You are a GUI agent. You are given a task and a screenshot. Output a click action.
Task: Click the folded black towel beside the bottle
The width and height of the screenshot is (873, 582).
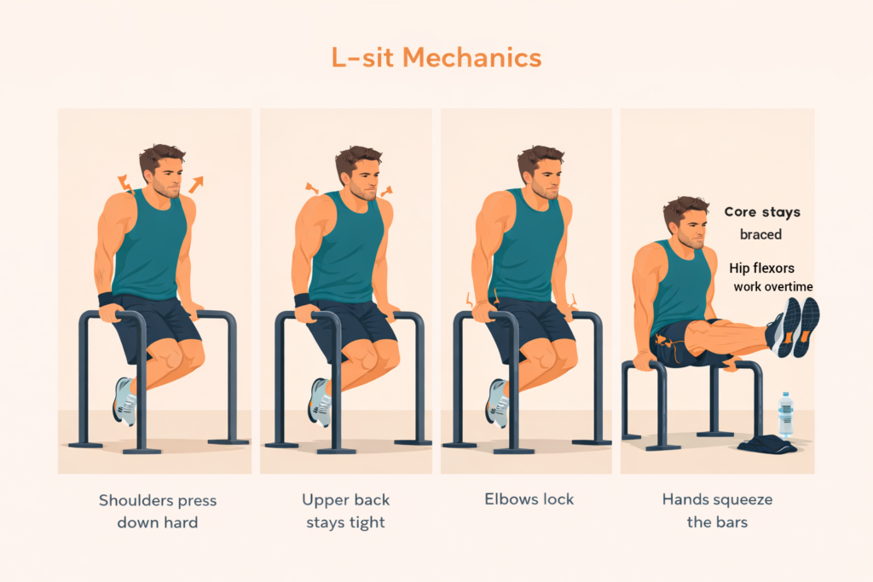pyautogui.click(x=767, y=444)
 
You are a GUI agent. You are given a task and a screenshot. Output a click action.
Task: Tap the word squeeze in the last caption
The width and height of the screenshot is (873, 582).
pyautogui.click(x=738, y=500)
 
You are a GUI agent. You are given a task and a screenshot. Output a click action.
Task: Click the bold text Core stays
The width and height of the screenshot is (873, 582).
pyautogui.click(x=762, y=212)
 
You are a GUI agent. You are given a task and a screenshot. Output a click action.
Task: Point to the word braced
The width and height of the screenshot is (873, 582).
pyautogui.click(x=760, y=234)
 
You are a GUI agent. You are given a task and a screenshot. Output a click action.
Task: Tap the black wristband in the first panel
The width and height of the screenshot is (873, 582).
pyautogui.click(x=106, y=299)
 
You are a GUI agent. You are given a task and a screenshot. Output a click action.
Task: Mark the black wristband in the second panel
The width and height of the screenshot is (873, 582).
pyautogui.click(x=302, y=300)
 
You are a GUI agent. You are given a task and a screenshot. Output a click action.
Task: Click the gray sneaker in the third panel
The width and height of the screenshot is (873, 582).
pyautogui.click(x=497, y=401)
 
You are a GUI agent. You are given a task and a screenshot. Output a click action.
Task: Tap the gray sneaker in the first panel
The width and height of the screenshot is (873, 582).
pyautogui.click(x=124, y=400)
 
